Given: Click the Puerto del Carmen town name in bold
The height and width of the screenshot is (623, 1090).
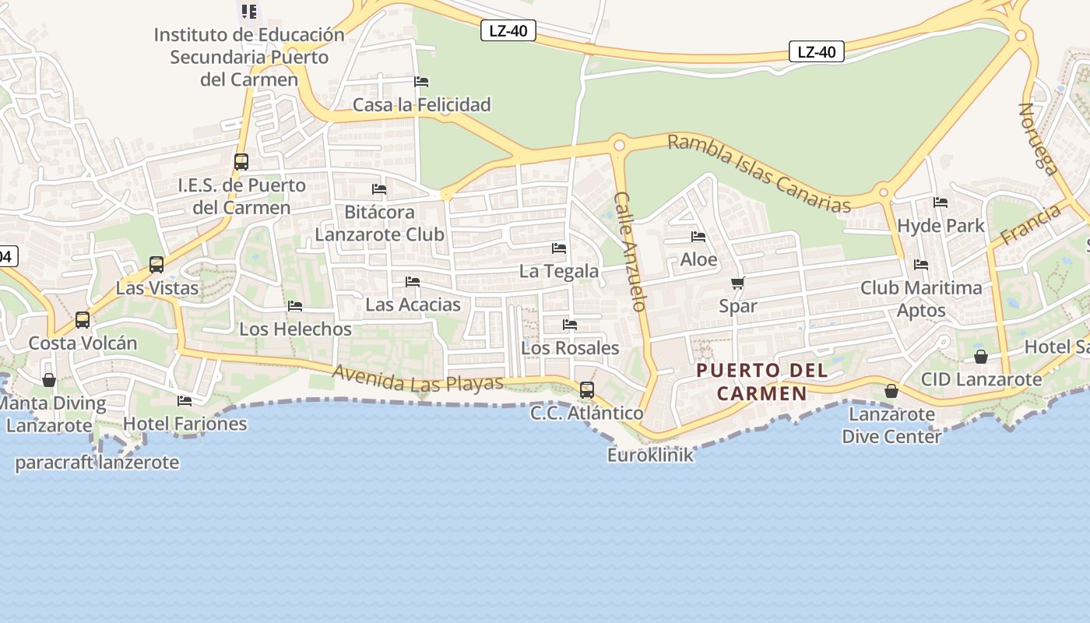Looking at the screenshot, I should pyautogui.click(x=762, y=382).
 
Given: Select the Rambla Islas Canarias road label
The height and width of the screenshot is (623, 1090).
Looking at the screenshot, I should pyautogui.click(x=759, y=173).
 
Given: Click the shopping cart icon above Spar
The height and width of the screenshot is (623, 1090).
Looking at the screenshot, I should pyautogui.click(x=737, y=283).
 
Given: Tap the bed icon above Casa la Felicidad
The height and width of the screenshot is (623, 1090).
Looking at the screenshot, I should pyautogui.click(x=421, y=82).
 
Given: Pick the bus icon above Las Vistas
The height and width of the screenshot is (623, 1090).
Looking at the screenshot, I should pyautogui.click(x=156, y=264).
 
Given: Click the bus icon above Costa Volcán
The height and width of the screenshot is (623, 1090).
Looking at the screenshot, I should pyautogui.click(x=83, y=319).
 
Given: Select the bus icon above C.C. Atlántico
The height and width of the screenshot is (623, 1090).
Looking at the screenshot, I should pyautogui.click(x=587, y=389).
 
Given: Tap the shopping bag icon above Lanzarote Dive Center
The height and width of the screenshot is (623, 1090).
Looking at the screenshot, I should pyautogui.click(x=891, y=391).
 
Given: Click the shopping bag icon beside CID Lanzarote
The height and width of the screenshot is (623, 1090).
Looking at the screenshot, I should pyautogui.click(x=981, y=357).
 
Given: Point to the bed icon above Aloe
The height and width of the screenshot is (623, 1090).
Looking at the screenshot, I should pyautogui.click(x=698, y=237).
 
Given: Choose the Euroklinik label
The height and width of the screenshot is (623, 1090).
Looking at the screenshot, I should pyautogui.click(x=650, y=455).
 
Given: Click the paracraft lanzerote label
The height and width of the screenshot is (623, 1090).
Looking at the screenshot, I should pyautogui.click(x=97, y=463).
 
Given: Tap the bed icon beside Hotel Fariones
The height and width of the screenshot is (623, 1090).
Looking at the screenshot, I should pyautogui.click(x=185, y=401).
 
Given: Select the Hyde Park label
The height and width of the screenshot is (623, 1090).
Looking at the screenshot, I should pyautogui.click(x=941, y=226).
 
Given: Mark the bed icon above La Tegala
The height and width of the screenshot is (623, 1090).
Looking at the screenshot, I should pyautogui.click(x=559, y=248).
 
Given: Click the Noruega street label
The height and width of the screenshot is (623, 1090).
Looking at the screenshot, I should pyautogui.click(x=1039, y=139).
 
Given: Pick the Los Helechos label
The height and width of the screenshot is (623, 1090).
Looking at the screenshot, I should pyautogui.click(x=295, y=329).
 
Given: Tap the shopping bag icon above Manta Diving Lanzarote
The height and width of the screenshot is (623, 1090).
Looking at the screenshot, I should pyautogui.click(x=49, y=380).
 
